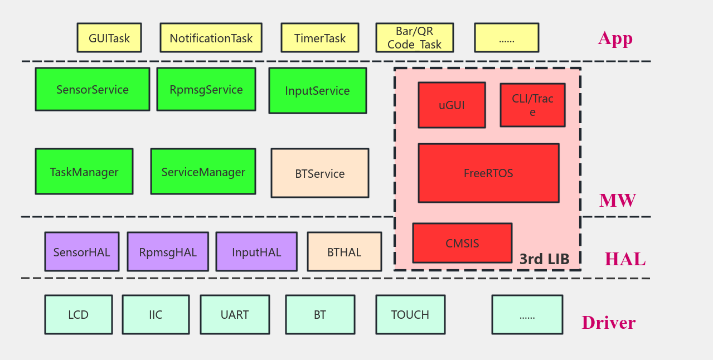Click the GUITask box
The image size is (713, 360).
[109, 38]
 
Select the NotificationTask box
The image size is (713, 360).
[211, 38]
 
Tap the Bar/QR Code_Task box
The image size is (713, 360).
[414, 38]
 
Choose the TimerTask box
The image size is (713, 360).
[319, 38]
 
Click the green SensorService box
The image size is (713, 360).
[93, 89]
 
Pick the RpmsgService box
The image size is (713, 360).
[206, 89]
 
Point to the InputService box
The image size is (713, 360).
[318, 90]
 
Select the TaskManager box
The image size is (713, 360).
[84, 172]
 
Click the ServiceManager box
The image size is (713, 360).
[203, 172]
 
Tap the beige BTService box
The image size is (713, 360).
[320, 173]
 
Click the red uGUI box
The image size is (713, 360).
[452, 105]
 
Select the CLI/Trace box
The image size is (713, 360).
[532, 105]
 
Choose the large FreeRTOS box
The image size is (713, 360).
[488, 173]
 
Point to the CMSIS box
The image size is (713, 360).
[462, 243]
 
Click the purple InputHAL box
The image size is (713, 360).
[256, 252]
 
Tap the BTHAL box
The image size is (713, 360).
[345, 252]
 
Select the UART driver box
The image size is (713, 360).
[235, 315]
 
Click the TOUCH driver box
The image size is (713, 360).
[410, 315]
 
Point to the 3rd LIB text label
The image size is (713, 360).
[544, 259]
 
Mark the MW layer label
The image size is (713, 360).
[617, 201]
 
